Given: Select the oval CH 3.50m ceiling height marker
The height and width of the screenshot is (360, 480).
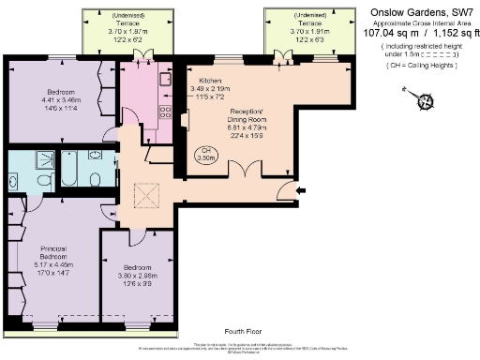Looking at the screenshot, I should tap(231, 155).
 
